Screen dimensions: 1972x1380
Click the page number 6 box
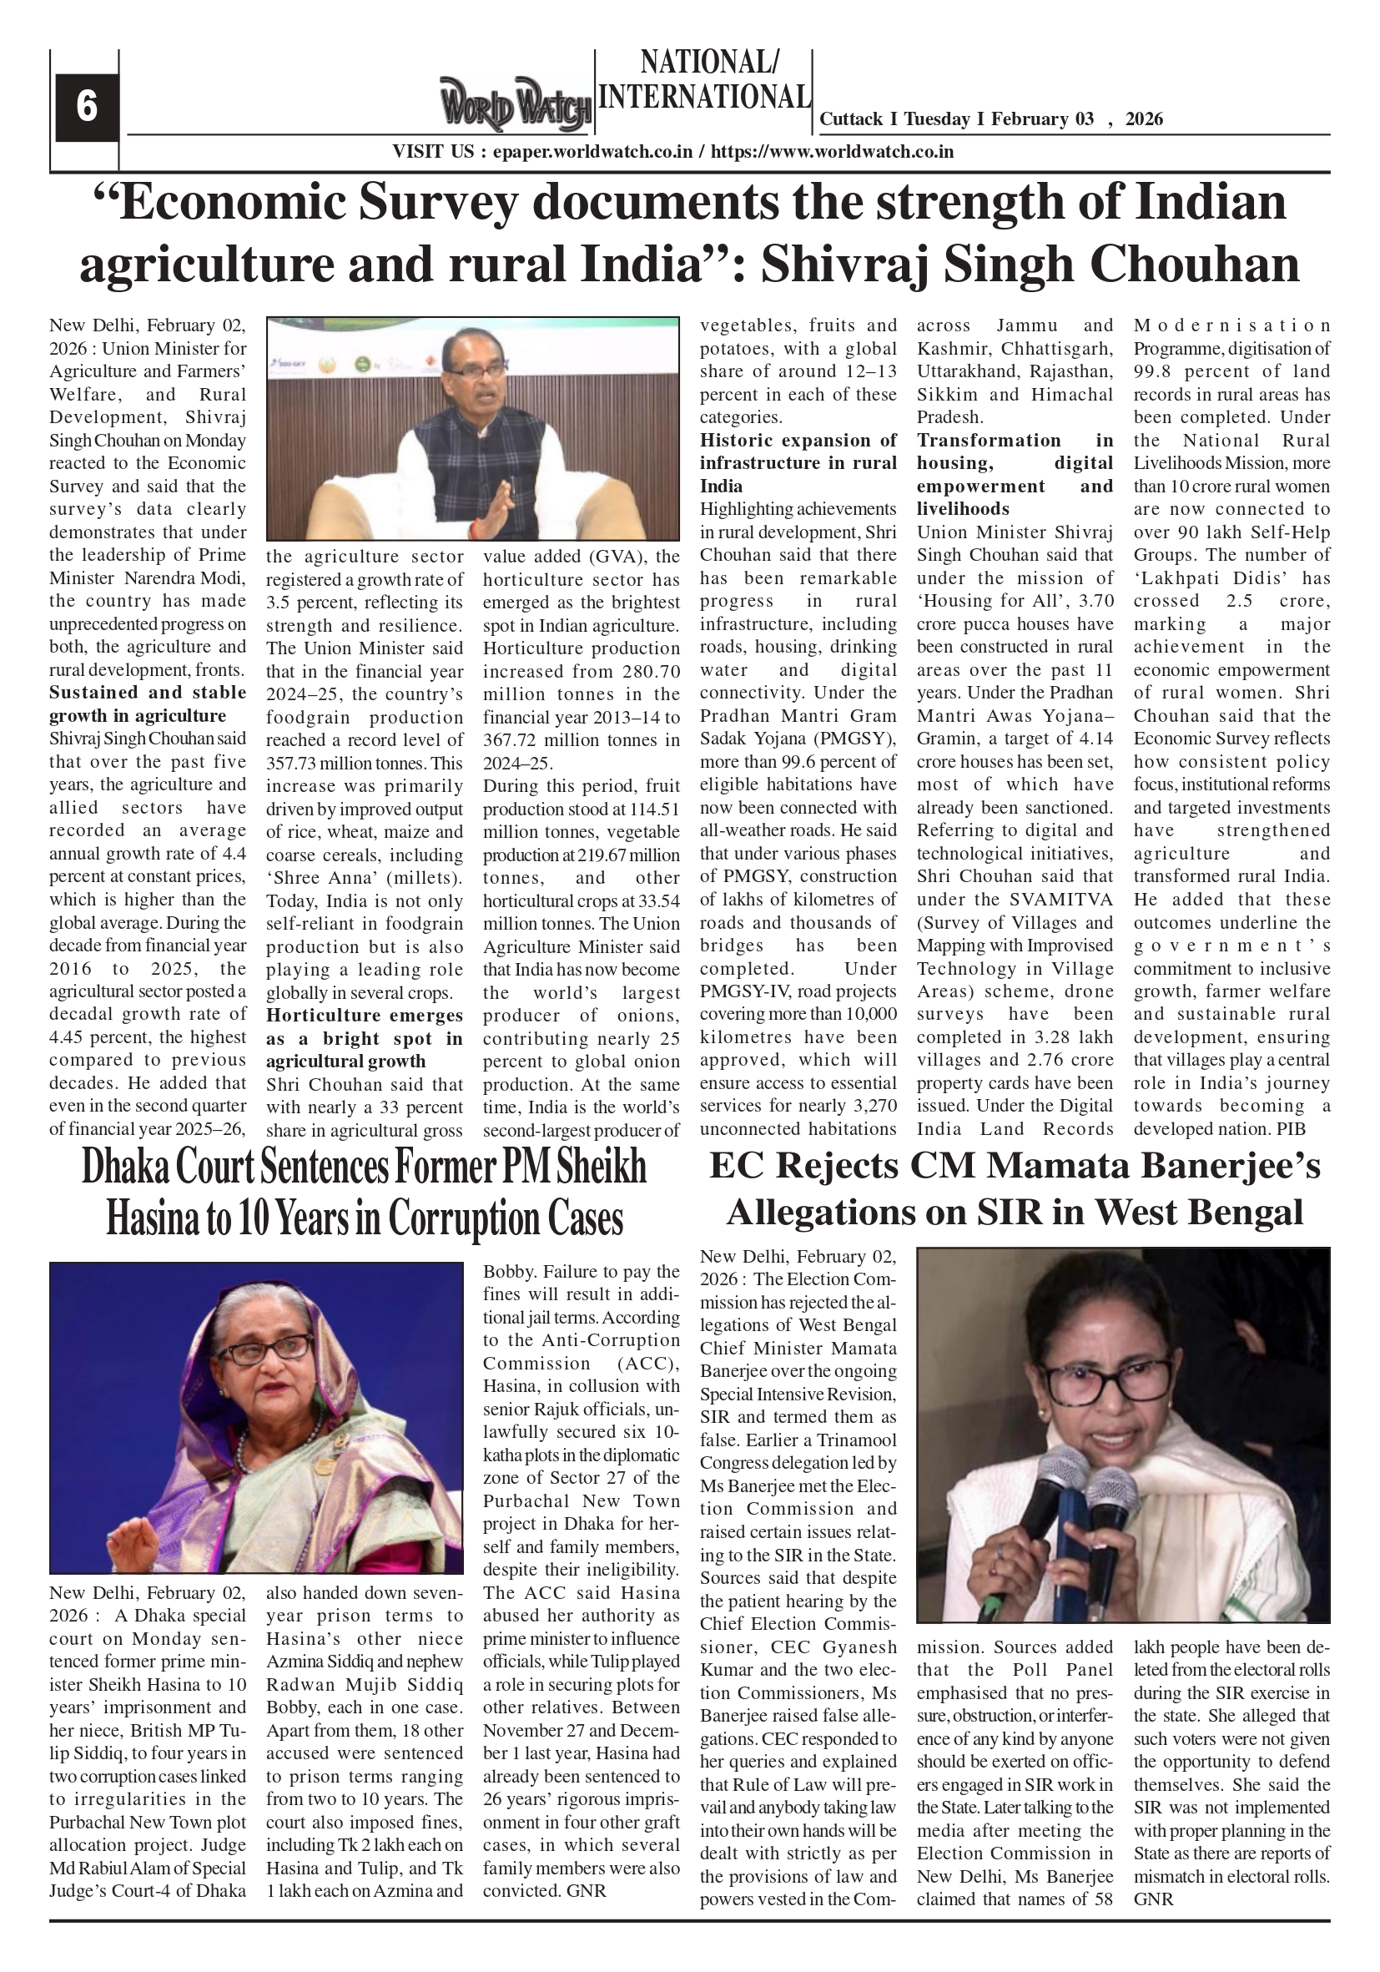[x=86, y=107]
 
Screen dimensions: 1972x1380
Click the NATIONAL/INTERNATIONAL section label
[x=703, y=80]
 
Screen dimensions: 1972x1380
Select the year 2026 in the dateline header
[x=1143, y=119]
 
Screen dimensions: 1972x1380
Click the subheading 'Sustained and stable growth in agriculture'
[x=147, y=704]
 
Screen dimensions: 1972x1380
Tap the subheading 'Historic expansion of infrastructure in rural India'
[x=797, y=463]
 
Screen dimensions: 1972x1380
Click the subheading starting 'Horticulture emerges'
[x=364, y=1038]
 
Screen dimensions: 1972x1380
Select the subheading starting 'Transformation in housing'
[x=1014, y=474]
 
